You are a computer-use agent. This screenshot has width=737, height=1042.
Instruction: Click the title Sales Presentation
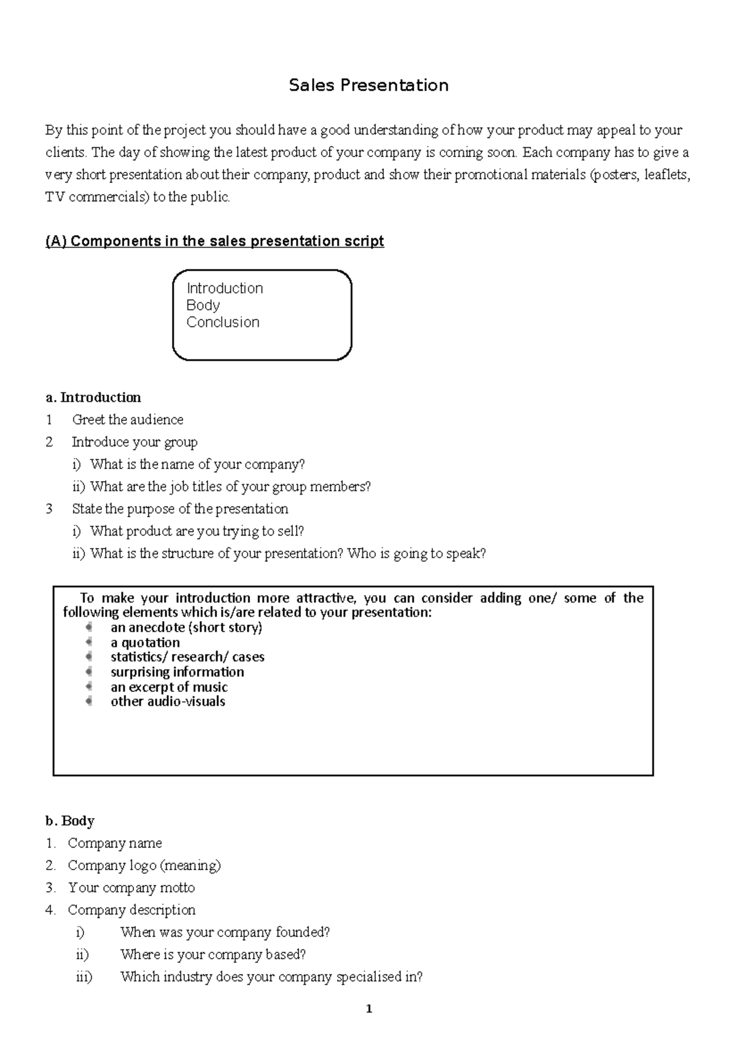pyautogui.click(x=368, y=85)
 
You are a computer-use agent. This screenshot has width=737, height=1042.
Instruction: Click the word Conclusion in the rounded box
pyautogui.click(x=223, y=322)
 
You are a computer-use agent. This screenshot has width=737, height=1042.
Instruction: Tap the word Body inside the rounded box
pyautogui.click(x=203, y=305)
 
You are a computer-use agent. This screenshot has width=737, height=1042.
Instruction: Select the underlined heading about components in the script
pyautogui.click(x=214, y=241)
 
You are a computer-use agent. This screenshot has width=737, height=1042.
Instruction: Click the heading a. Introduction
pyautogui.click(x=93, y=398)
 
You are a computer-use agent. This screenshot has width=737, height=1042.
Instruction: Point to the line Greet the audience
pyautogui.click(x=127, y=420)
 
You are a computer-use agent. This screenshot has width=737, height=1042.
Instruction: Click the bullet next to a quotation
pyautogui.click(x=90, y=642)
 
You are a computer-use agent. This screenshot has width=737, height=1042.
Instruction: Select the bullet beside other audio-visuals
pyautogui.click(x=90, y=701)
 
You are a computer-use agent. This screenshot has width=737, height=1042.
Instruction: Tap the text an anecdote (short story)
pyautogui.click(x=186, y=627)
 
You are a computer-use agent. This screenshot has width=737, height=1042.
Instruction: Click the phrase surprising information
pyautogui.click(x=177, y=672)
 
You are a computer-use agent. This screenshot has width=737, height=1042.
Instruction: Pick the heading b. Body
pyautogui.click(x=70, y=821)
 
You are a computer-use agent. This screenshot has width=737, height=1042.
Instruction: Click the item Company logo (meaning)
pyautogui.click(x=144, y=865)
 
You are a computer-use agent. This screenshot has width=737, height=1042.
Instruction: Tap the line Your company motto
pyautogui.click(x=131, y=888)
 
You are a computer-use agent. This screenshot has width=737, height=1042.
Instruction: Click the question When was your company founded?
pyautogui.click(x=225, y=932)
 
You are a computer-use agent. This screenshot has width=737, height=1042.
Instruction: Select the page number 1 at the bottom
pyautogui.click(x=368, y=1009)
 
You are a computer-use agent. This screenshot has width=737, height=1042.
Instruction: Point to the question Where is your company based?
pyautogui.click(x=213, y=955)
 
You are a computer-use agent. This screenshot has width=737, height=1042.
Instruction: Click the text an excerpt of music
pyautogui.click(x=169, y=687)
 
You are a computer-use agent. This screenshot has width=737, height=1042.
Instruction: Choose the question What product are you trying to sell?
pyautogui.click(x=197, y=531)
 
